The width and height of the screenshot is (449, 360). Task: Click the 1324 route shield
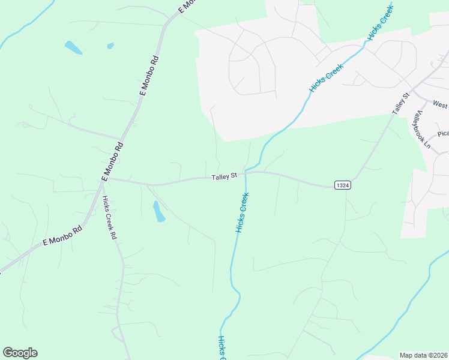[x=342, y=185]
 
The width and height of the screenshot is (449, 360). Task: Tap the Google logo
[x=20, y=353]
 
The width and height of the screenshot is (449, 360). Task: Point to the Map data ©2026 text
[x=423, y=355]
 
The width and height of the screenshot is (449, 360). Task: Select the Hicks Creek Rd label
[x=109, y=217]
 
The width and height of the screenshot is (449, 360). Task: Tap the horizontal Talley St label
[x=225, y=176]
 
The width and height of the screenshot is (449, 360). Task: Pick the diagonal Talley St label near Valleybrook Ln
[x=400, y=104]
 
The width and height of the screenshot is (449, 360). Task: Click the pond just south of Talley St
[x=159, y=211]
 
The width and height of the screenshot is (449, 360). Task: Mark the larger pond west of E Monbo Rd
[x=73, y=47]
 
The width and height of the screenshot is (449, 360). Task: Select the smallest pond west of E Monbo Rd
[x=110, y=46]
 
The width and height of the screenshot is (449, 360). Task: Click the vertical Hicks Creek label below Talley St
[x=242, y=212]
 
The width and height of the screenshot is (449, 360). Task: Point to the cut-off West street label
[x=440, y=105]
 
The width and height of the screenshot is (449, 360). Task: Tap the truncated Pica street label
[x=443, y=134]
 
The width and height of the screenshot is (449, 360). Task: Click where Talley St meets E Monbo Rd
[x=107, y=178]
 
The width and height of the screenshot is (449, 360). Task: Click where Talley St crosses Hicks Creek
[x=246, y=173]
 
